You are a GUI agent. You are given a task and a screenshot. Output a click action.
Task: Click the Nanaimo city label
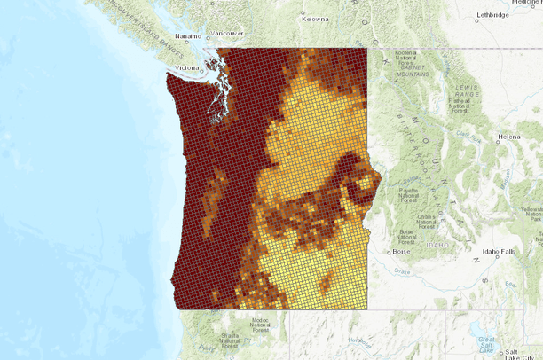pos(188,35)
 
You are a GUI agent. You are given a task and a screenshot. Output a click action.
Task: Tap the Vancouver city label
pos(228,33)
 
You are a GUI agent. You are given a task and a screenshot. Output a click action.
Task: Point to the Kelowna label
pos(315,18)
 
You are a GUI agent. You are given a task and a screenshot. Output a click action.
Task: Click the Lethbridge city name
pos(493,14)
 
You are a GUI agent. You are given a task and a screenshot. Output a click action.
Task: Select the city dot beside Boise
pos(391,252)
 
